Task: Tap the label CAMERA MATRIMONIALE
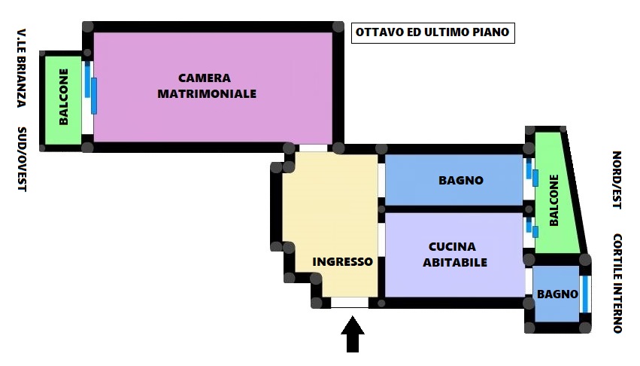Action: click(207, 86)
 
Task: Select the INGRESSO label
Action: click(342, 262)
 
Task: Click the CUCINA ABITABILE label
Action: click(454, 255)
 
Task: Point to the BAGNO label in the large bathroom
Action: click(461, 180)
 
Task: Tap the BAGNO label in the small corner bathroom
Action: click(557, 294)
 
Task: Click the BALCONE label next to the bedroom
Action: click(64, 97)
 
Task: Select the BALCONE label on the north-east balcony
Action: click(554, 200)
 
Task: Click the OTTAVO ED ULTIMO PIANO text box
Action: click(432, 32)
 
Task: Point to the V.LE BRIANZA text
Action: click(22, 68)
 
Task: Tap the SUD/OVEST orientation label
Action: click(22, 159)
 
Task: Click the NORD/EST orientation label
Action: click(617, 180)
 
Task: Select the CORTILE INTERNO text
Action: click(617, 283)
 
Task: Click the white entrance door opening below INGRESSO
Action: click(350, 303)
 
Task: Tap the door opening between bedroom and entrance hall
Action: click(313, 148)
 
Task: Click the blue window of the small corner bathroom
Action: click(585, 294)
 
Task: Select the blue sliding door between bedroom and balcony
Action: click(90, 87)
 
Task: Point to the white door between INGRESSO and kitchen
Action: click(381, 239)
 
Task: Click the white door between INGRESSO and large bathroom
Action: click(381, 180)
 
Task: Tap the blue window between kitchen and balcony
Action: click(532, 227)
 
